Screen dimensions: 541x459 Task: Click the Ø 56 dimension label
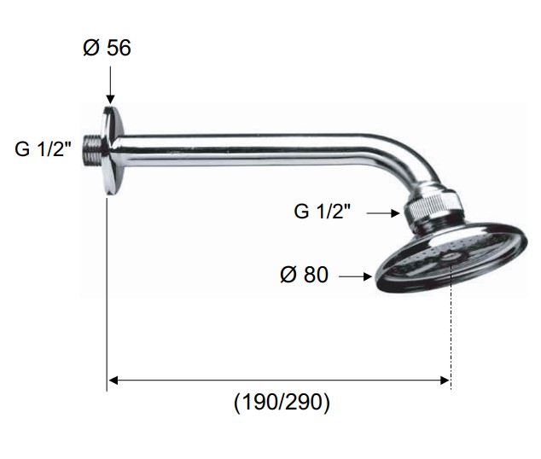(107, 48)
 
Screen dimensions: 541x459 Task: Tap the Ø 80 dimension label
(304, 275)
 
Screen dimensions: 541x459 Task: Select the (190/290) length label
(282, 402)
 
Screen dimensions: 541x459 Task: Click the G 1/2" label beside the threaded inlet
(43, 149)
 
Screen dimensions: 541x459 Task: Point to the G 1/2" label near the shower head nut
(322, 211)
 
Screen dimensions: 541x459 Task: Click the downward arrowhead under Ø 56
(110, 99)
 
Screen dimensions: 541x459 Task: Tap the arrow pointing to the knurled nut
(383, 213)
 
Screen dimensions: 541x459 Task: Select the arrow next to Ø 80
(355, 276)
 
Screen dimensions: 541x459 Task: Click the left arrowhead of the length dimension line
(113, 381)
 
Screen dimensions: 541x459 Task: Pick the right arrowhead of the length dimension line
(445, 381)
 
